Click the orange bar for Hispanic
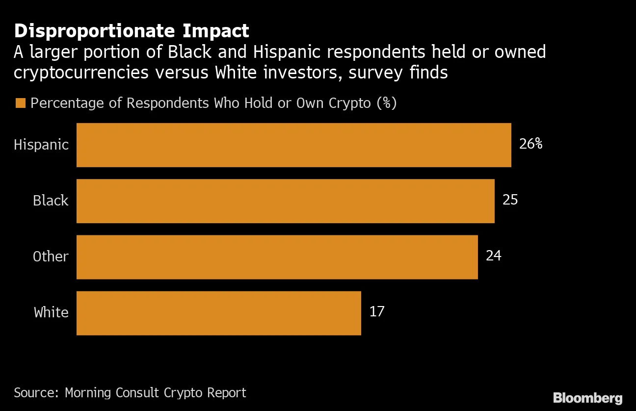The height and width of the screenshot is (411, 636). pyautogui.click(x=293, y=145)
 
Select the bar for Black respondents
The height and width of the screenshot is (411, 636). pyautogui.click(x=285, y=201)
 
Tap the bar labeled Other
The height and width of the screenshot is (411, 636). pyautogui.click(x=277, y=257)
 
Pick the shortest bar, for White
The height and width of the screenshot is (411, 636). pyautogui.click(x=218, y=313)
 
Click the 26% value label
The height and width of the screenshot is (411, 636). pyautogui.click(x=530, y=144)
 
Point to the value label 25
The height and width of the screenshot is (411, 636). pyautogui.click(x=510, y=200)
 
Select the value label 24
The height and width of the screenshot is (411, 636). pyautogui.click(x=493, y=256)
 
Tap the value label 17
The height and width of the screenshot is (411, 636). pyautogui.click(x=376, y=312)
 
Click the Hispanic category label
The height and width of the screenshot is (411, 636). pyautogui.click(x=41, y=145)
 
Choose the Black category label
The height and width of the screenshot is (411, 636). pyautogui.click(x=51, y=201)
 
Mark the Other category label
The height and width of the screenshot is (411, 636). pyautogui.click(x=51, y=257)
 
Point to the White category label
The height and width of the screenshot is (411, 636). pyautogui.click(x=51, y=313)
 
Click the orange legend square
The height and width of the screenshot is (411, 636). pyautogui.click(x=20, y=103)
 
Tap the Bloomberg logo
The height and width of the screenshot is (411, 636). pyautogui.click(x=587, y=398)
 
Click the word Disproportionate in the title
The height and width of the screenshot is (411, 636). pyautogui.click(x=93, y=31)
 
